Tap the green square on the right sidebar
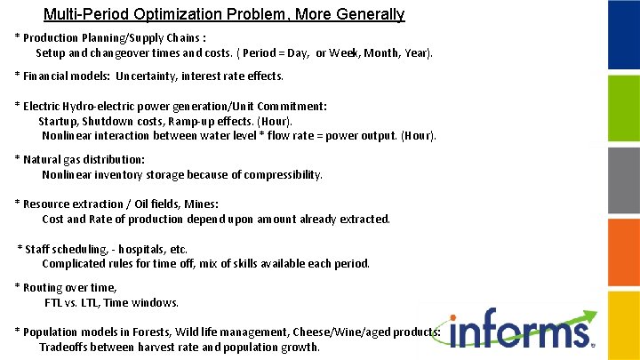(623, 107)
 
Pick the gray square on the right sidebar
(623, 179)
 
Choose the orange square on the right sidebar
(623, 251)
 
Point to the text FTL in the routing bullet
(54, 302)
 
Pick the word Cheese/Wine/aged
(333, 332)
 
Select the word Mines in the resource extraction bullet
(202, 204)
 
